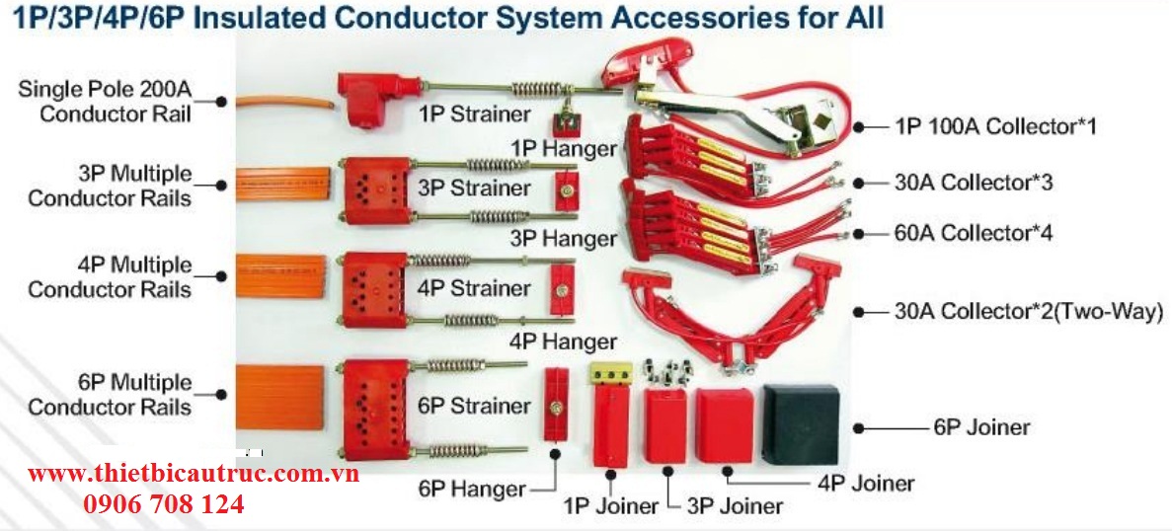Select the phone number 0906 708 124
(x=164, y=504)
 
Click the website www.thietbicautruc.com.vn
(x=193, y=474)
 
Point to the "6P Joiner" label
(x=980, y=427)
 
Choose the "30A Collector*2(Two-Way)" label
(x=1028, y=312)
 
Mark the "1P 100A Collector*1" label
(x=995, y=126)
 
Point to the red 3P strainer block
(x=374, y=189)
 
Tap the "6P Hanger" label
(x=472, y=489)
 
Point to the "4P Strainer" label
(x=474, y=288)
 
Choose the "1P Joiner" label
(x=610, y=506)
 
